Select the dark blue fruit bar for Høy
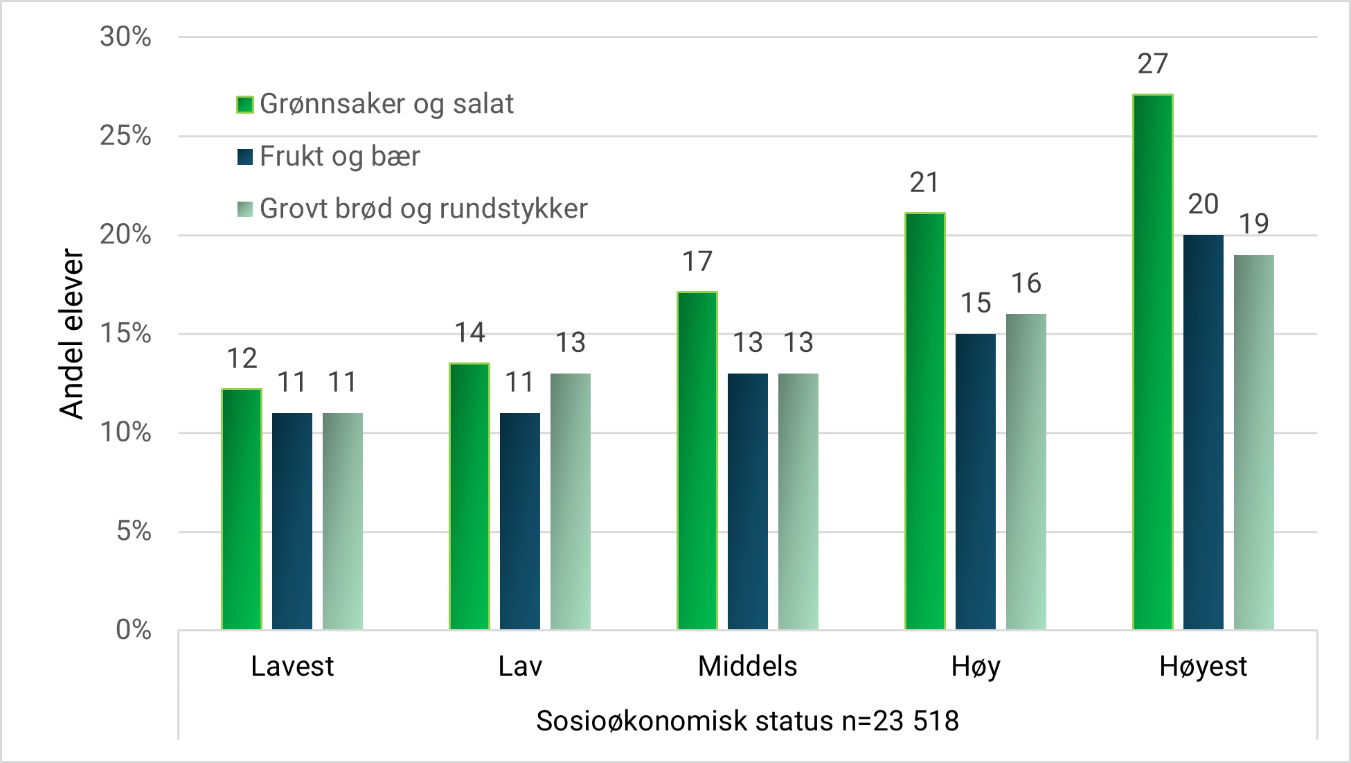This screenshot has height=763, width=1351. tap(975, 482)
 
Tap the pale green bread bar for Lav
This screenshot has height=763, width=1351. tap(571, 501)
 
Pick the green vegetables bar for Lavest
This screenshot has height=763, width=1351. tap(242, 509)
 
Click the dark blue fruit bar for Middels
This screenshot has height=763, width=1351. tap(747, 501)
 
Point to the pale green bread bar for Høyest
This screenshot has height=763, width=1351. tap(1253, 442)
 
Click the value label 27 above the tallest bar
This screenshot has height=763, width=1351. tap(1152, 64)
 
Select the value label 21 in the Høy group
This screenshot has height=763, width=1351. tap(924, 183)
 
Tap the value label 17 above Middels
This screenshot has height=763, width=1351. tap(697, 262)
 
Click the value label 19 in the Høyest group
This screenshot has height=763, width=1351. tap(1253, 224)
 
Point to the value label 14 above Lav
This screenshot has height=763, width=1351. tap(469, 333)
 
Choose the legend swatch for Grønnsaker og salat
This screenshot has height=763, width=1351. tap(244, 105)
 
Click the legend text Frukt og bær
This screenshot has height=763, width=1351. tap(339, 157)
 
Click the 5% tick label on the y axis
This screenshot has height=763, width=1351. tap(133, 532)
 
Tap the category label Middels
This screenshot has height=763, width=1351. tap(747, 666)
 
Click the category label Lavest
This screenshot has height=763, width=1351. tap(292, 666)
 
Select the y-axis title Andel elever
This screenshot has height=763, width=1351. tap(71, 333)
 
